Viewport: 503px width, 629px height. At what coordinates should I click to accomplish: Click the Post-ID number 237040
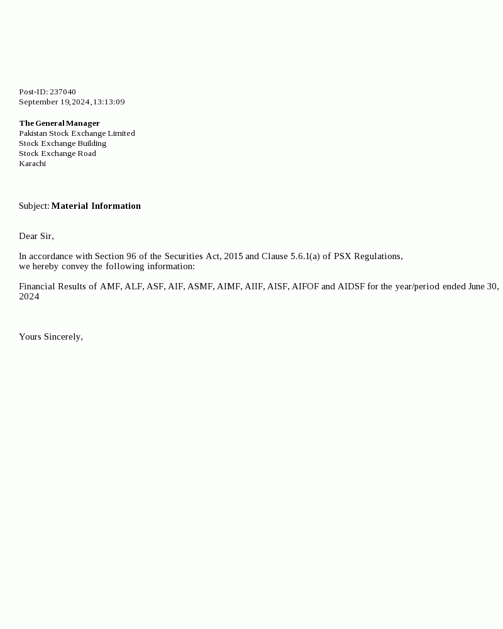tap(63, 92)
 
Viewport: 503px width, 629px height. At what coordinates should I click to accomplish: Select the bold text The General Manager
tap(59, 123)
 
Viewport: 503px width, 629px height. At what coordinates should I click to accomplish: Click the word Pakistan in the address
tap(33, 133)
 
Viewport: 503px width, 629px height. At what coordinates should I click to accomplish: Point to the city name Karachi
tap(32, 164)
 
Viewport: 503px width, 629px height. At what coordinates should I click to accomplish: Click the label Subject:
tap(34, 206)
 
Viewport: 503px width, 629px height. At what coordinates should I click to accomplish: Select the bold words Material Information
tap(96, 206)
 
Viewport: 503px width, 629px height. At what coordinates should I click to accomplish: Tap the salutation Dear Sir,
tap(36, 236)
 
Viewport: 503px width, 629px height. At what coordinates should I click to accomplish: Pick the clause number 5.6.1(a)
tap(305, 256)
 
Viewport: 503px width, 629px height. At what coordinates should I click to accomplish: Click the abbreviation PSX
tap(343, 256)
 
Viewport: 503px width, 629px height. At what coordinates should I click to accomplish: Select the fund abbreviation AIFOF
tap(305, 286)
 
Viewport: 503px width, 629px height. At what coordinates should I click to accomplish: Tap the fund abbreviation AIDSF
tap(351, 286)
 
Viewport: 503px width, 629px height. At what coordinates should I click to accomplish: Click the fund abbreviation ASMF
tap(201, 286)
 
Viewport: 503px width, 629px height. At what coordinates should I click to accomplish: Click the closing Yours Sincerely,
tap(51, 337)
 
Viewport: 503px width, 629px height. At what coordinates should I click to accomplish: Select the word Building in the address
tap(92, 143)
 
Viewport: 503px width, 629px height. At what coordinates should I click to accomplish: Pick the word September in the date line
tap(39, 102)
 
